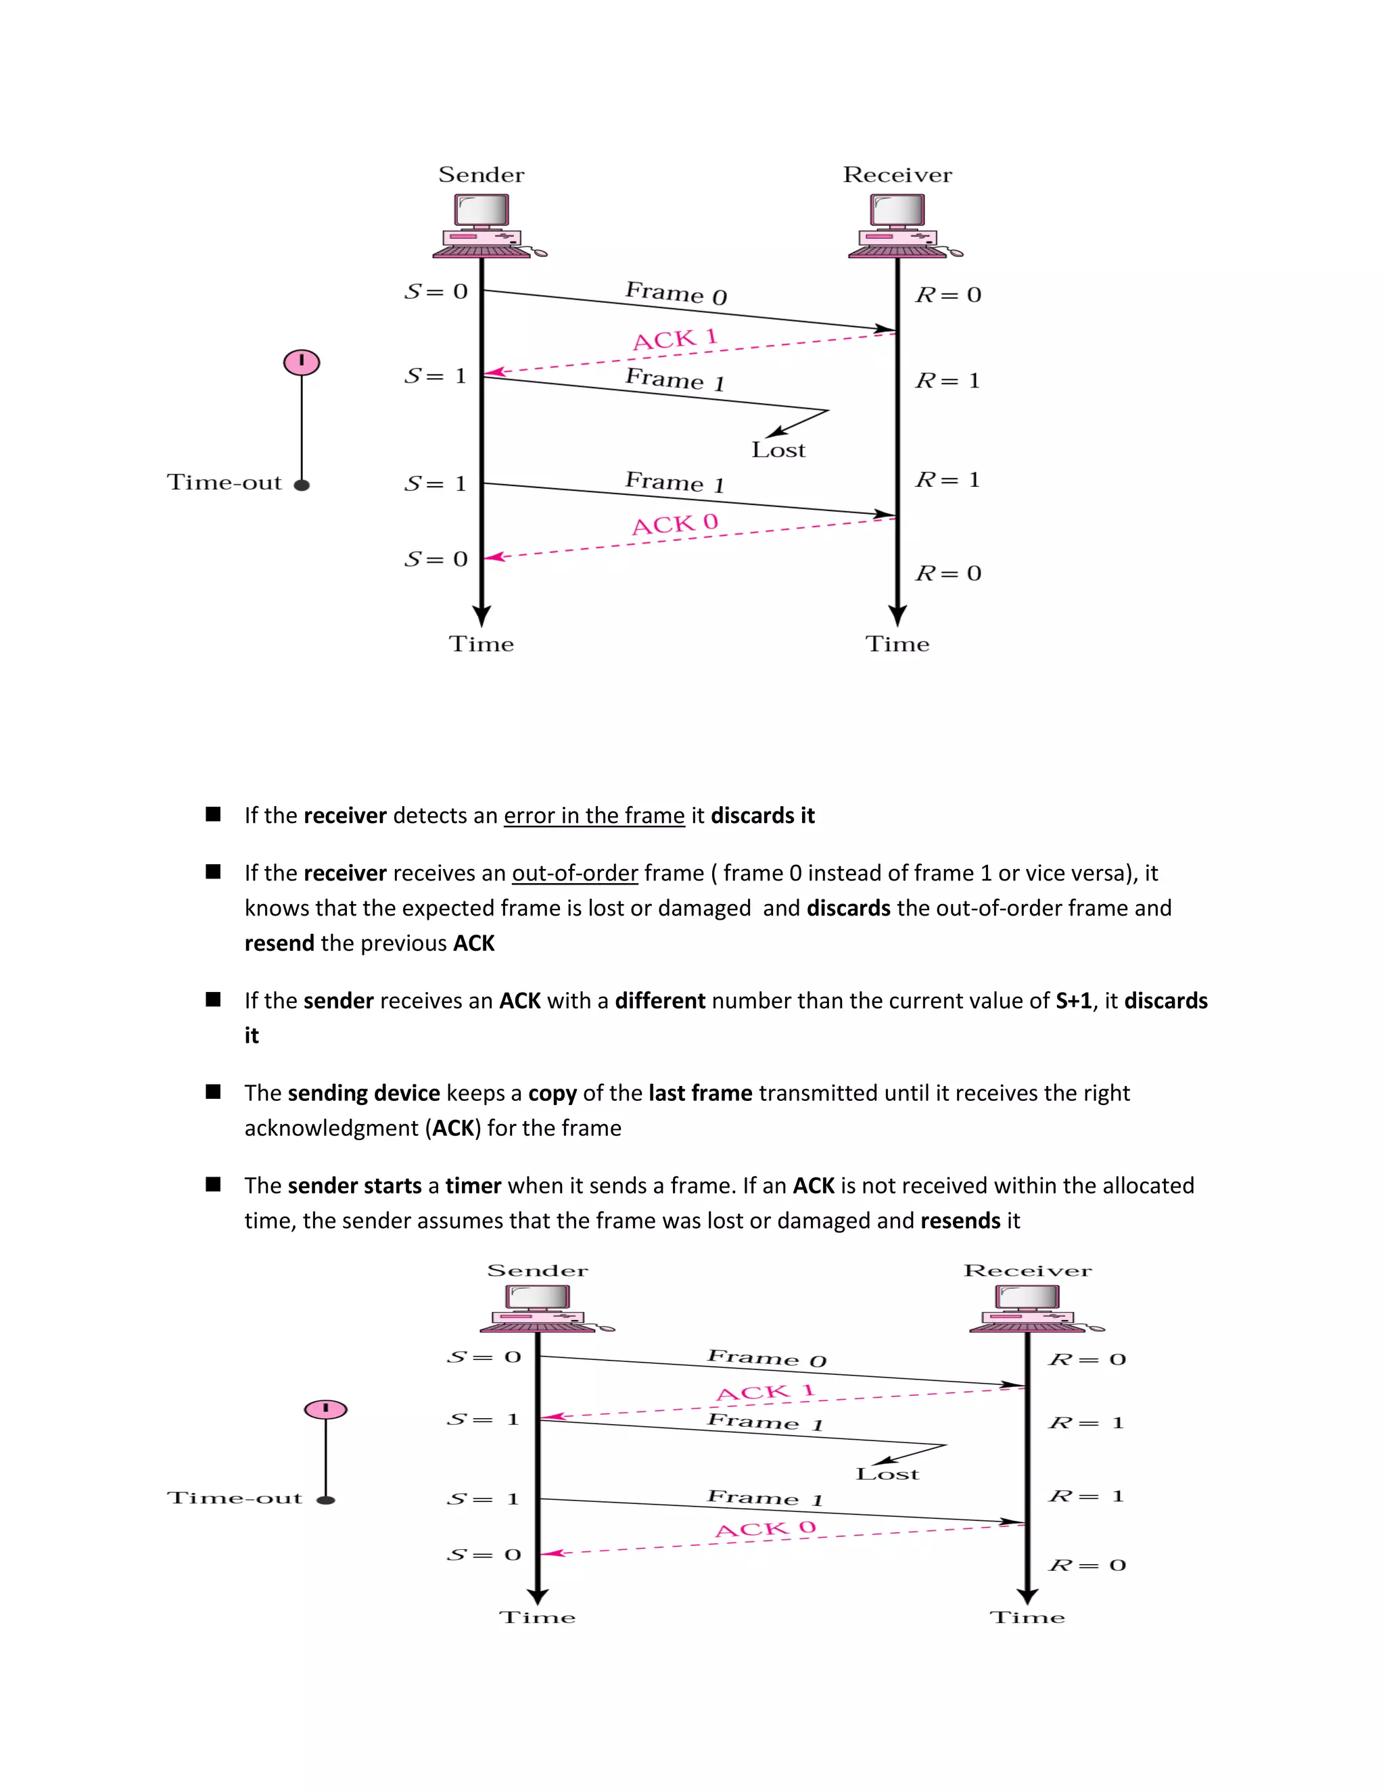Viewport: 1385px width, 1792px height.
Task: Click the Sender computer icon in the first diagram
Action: (484, 226)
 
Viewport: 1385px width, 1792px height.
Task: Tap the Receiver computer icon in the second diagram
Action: (1029, 1308)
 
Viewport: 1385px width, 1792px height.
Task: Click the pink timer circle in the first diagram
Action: (301, 362)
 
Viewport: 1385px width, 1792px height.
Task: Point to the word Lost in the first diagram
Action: (778, 450)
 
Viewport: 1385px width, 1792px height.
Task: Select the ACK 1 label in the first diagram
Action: (674, 338)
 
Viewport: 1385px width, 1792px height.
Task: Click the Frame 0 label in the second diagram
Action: (766, 1358)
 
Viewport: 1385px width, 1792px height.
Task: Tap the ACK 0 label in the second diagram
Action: (765, 1529)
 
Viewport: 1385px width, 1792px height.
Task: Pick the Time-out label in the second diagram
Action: (235, 1499)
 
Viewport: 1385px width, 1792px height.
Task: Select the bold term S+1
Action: (1073, 1001)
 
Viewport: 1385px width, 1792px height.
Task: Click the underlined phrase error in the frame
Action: (594, 816)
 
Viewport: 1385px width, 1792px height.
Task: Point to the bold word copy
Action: (553, 1093)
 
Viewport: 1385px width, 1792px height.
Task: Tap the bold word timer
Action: (473, 1185)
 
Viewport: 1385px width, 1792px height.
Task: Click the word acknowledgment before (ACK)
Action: (331, 1128)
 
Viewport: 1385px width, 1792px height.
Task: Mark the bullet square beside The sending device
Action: (213, 1092)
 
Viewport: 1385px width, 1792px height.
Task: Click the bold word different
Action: (659, 1001)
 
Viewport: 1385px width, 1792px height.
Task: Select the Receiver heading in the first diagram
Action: (897, 174)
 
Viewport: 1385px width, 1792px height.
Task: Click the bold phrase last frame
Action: (700, 1093)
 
